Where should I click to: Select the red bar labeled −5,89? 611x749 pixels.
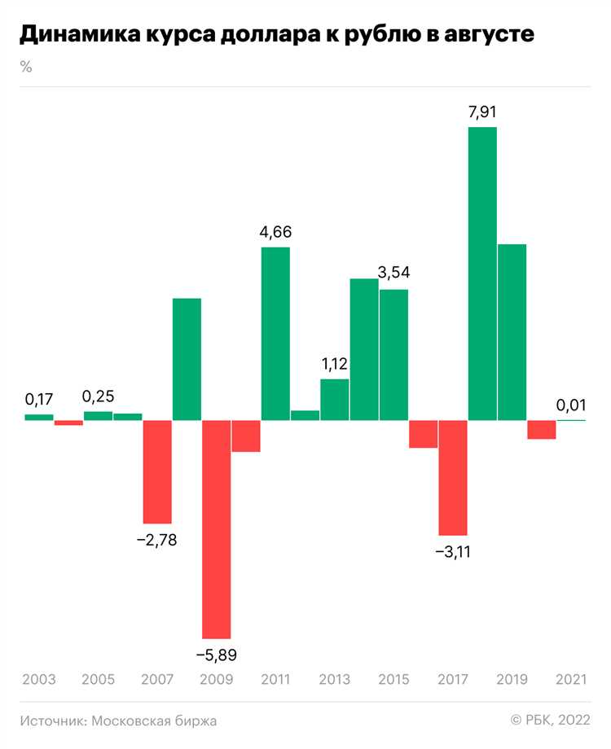(217, 529)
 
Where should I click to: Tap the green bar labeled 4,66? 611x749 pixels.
(275, 333)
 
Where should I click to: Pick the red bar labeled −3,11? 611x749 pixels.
(453, 477)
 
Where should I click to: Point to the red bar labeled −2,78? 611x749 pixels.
(157, 471)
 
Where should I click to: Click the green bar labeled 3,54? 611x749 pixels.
(394, 354)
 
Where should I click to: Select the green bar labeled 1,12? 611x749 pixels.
(335, 399)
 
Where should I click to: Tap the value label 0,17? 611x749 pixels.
(38, 400)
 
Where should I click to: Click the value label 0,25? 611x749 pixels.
(99, 396)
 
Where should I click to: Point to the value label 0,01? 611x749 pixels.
(571, 405)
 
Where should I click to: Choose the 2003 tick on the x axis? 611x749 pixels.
(38, 679)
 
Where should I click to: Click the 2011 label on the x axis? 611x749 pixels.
(275, 679)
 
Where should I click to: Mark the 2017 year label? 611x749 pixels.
(453, 679)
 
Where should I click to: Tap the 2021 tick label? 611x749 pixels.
(571, 679)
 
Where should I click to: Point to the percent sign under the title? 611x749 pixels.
(26, 67)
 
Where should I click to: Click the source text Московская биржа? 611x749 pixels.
(155, 721)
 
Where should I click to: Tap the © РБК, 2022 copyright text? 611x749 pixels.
(551, 721)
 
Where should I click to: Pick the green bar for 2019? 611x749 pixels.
(512, 332)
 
